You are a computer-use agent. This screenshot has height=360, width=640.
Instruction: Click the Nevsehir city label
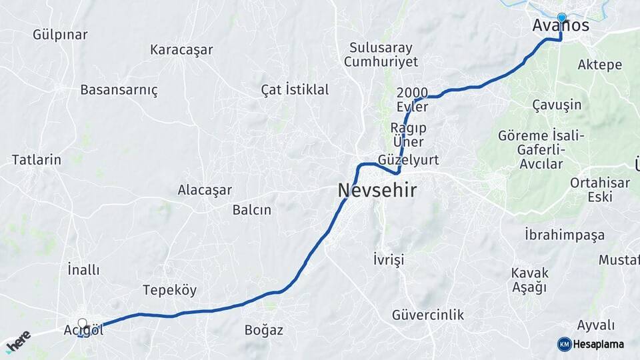click(x=377, y=191)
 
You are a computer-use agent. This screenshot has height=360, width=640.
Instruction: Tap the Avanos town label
click(x=561, y=26)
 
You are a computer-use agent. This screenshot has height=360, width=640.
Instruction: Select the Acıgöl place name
click(x=84, y=331)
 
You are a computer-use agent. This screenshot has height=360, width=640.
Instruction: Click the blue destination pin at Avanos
click(x=561, y=18)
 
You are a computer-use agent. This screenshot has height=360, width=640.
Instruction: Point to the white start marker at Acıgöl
click(x=82, y=324)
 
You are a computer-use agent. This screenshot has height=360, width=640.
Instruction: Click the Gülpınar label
click(x=60, y=35)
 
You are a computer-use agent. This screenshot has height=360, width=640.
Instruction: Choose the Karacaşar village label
click(x=181, y=49)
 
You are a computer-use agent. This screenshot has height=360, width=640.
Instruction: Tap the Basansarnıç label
click(x=119, y=90)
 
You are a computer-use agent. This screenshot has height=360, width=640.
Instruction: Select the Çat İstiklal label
click(x=295, y=89)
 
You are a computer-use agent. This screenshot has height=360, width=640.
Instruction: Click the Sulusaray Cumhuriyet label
click(x=381, y=55)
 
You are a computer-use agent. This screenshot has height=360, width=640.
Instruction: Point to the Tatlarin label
click(x=37, y=160)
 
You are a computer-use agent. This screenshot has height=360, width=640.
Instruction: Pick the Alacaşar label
click(x=205, y=190)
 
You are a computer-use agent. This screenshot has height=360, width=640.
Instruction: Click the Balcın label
click(x=252, y=209)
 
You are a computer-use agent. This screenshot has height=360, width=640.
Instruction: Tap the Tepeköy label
click(x=169, y=290)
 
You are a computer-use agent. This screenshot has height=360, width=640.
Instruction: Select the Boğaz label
click(x=264, y=330)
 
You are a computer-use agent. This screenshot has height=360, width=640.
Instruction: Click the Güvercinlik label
click(x=428, y=315)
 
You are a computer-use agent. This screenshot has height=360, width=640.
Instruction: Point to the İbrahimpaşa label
click(x=565, y=235)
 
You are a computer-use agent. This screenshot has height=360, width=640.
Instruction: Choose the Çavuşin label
click(x=557, y=105)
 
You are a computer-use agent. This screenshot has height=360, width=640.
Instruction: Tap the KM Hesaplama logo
click(x=591, y=344)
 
